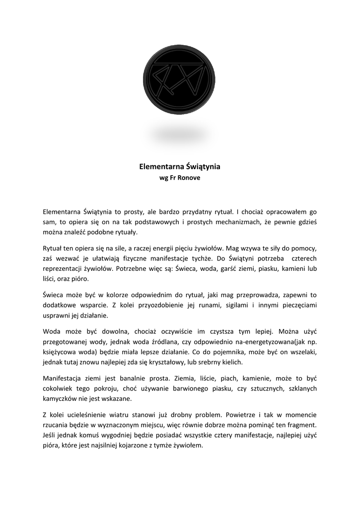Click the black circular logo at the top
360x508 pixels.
click(x=179, y=79)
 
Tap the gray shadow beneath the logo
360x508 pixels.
click(x=179, y=134)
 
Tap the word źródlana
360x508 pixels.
click(x=175, y=342)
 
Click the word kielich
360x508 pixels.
click(x=230, y=363)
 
